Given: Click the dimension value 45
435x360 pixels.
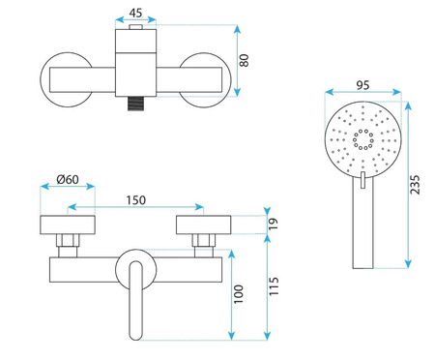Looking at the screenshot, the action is click(135, 13).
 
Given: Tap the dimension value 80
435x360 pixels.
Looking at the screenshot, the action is click(245, 60).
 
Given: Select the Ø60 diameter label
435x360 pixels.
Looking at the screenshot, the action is click(68, 179).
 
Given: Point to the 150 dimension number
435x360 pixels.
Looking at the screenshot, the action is click(135, 200).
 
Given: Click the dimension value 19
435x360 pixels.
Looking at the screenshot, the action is click(273, 224).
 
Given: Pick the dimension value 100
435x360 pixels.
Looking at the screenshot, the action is click(239, 294).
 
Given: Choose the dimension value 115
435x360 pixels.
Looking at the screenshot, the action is click(274, 286).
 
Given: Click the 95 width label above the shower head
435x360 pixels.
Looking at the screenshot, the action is click(362, 85).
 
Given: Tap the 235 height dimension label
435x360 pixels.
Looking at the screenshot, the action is click(415, 185).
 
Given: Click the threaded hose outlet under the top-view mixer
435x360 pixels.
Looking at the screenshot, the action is click(135, 104).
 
